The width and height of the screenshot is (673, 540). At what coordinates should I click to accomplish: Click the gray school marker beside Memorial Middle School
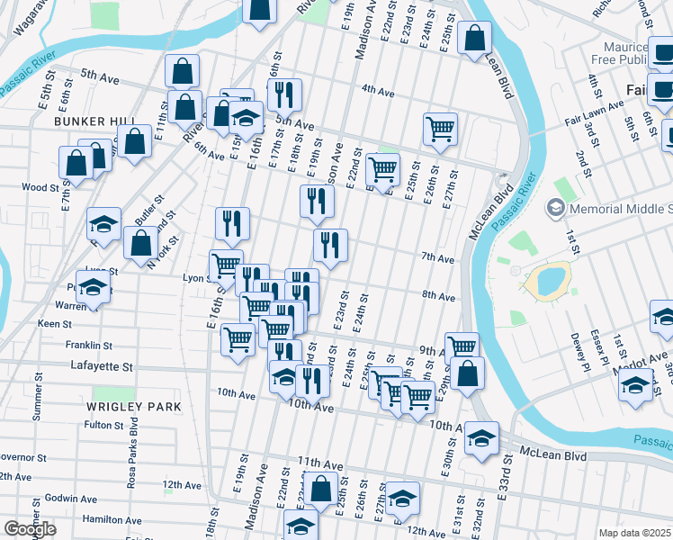coord(555,208)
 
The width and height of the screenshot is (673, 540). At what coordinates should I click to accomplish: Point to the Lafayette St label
coord(102,367)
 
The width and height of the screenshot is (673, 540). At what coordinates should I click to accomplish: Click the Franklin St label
coord(88,345)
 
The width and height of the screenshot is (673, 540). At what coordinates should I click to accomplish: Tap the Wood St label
coord(40,188)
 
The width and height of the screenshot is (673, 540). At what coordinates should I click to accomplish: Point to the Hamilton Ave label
coord(112,520)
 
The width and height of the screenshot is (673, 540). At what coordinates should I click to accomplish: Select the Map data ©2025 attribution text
coord(635,533)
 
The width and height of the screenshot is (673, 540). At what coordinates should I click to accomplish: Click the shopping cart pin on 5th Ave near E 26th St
coord(440,128)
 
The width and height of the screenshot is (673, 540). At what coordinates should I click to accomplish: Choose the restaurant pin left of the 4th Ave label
coord(284,94)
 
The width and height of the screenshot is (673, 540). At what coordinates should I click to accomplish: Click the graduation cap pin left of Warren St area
coord(93,288)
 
